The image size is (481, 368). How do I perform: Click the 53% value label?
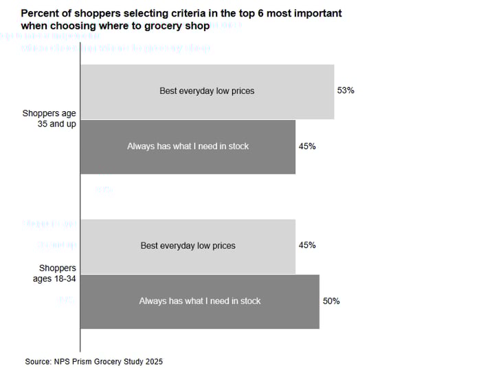345,91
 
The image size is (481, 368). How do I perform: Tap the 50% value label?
331,301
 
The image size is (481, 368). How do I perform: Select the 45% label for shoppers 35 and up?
306,146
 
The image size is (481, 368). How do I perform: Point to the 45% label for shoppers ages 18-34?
306,245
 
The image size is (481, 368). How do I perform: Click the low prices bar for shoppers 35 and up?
207,91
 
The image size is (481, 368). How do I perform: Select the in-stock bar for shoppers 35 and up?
188,146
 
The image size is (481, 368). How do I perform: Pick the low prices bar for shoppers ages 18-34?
188,246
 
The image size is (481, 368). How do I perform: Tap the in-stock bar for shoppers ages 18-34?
199,301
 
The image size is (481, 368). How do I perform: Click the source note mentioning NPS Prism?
94,361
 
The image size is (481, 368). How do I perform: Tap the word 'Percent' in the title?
38,14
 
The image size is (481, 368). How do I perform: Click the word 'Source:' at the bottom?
38,361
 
